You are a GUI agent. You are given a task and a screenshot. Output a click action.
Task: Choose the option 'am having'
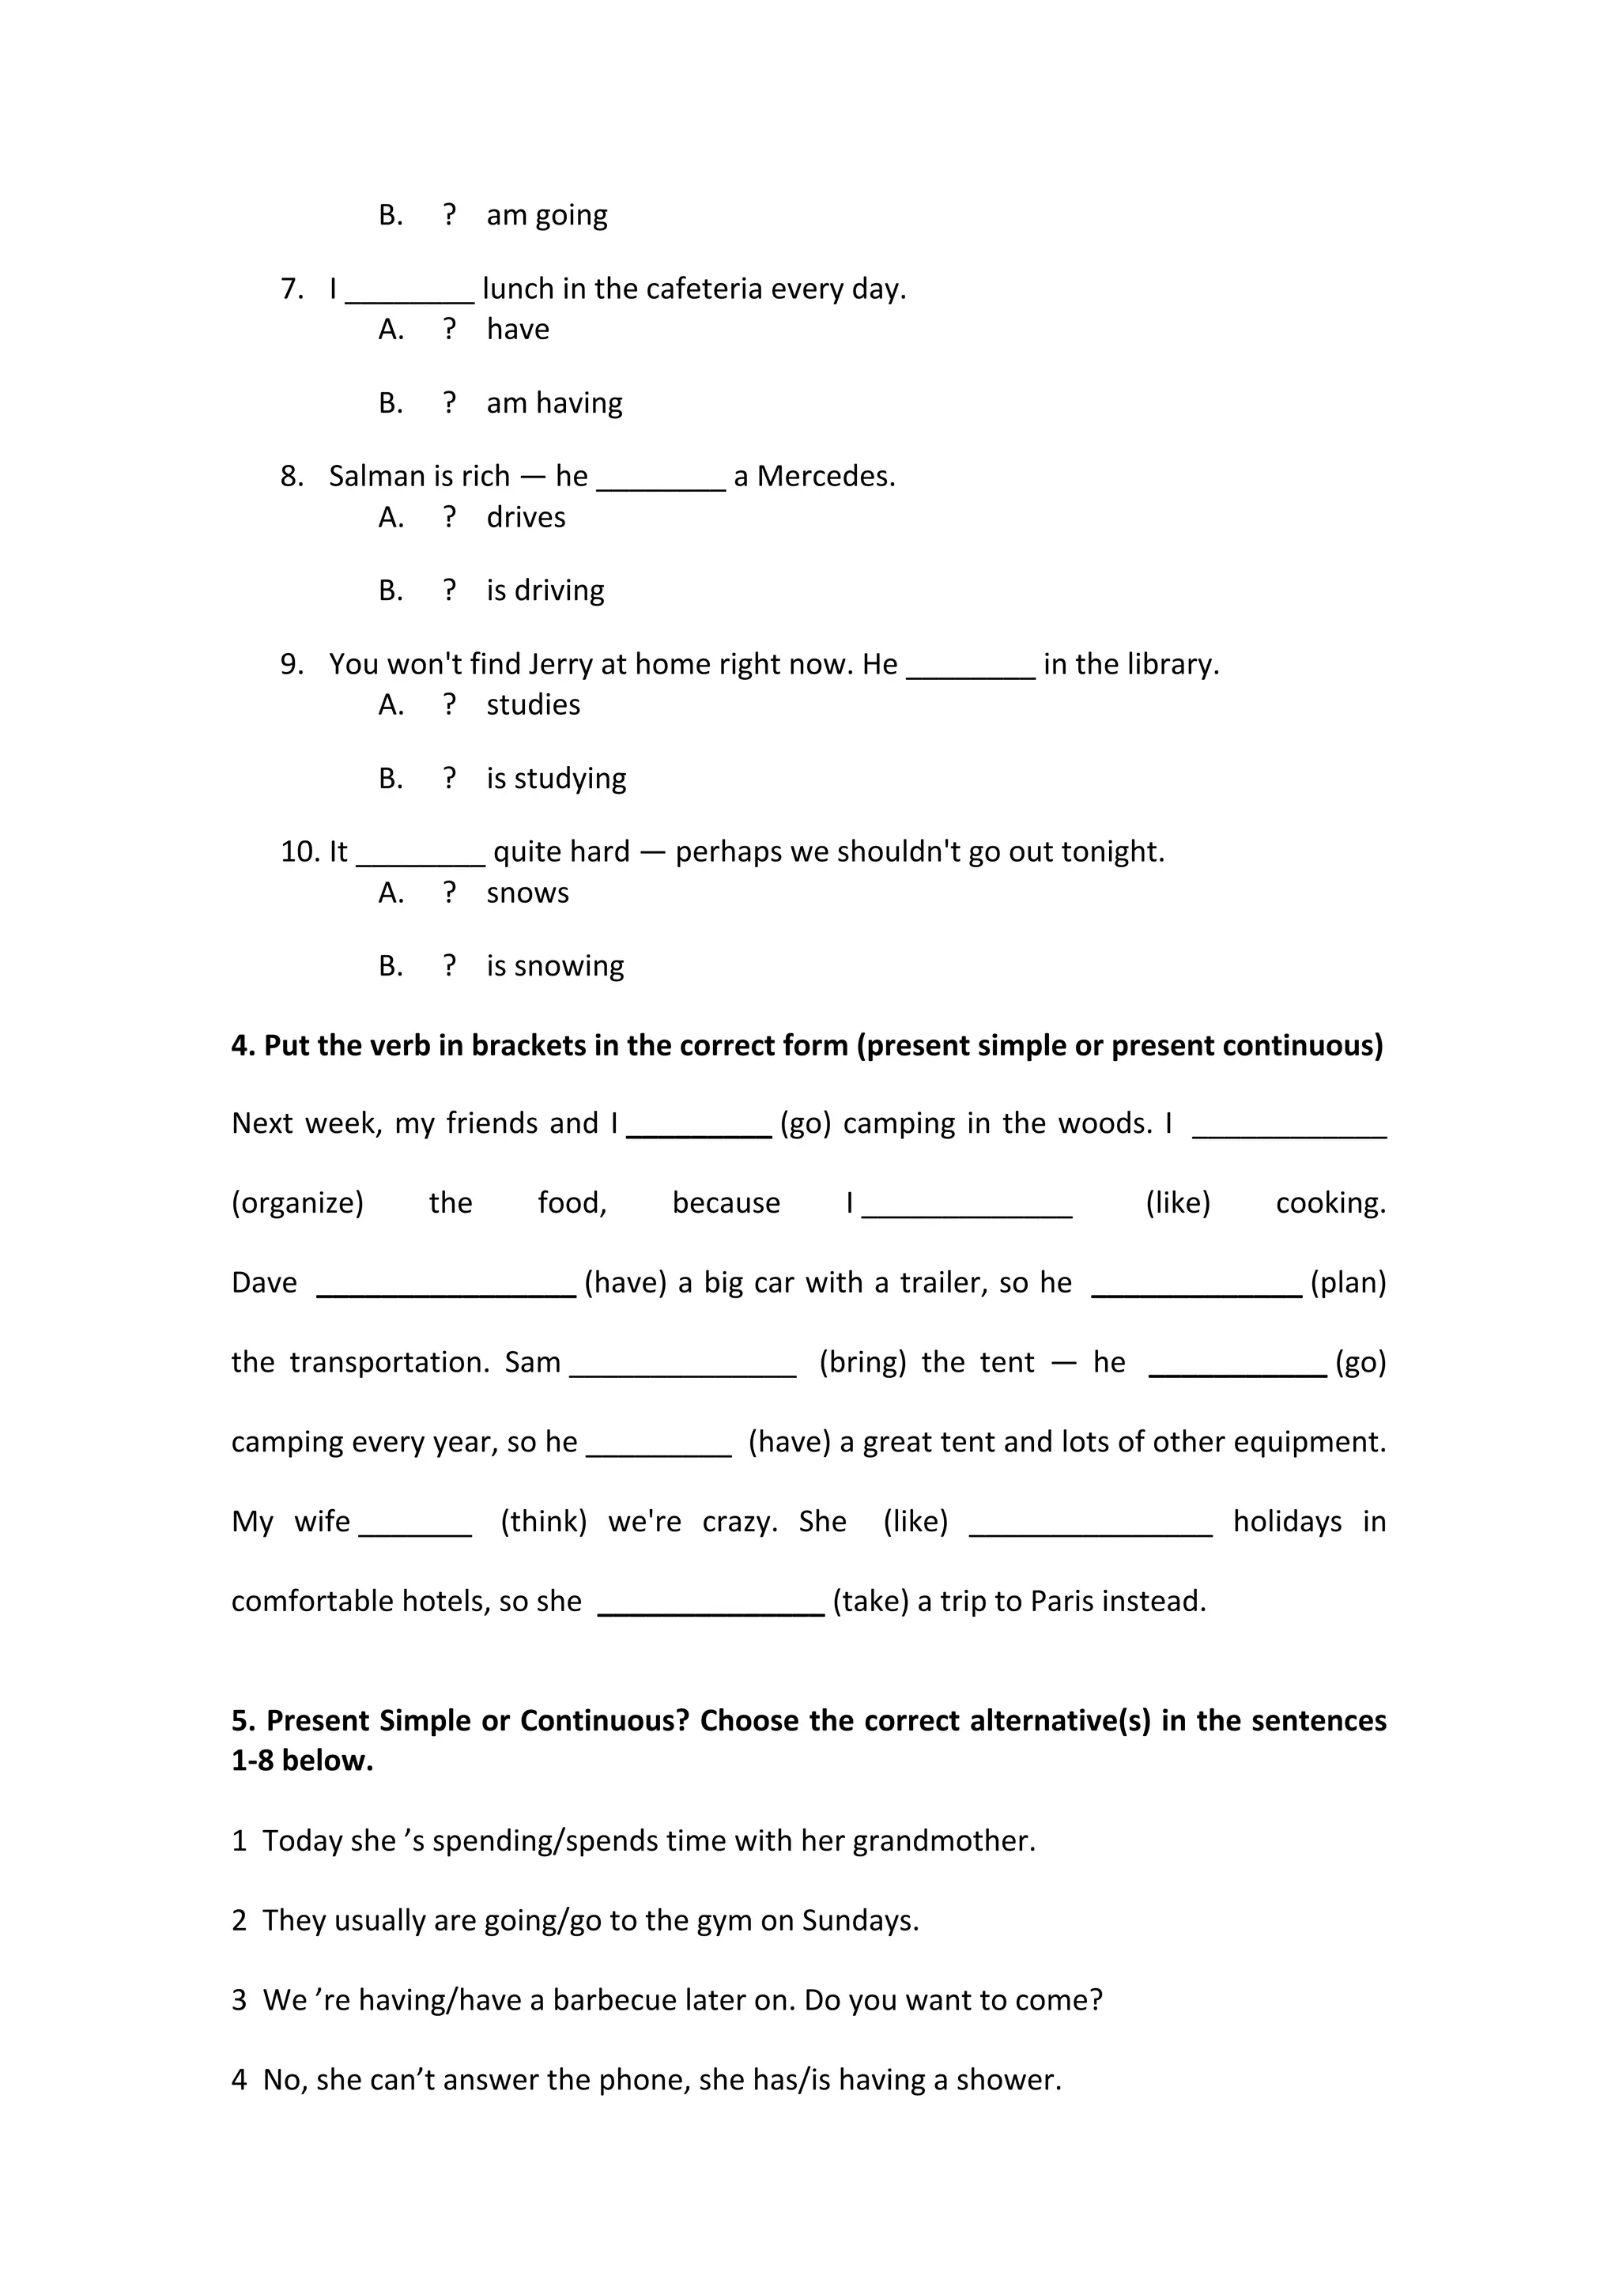(x=553, y=403)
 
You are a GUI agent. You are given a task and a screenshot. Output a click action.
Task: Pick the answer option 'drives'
(x=526, y=517)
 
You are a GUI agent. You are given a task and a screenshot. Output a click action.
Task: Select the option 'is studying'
(x=556, y=779)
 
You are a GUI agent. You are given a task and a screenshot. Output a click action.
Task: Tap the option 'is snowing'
(x=555, y=966)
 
